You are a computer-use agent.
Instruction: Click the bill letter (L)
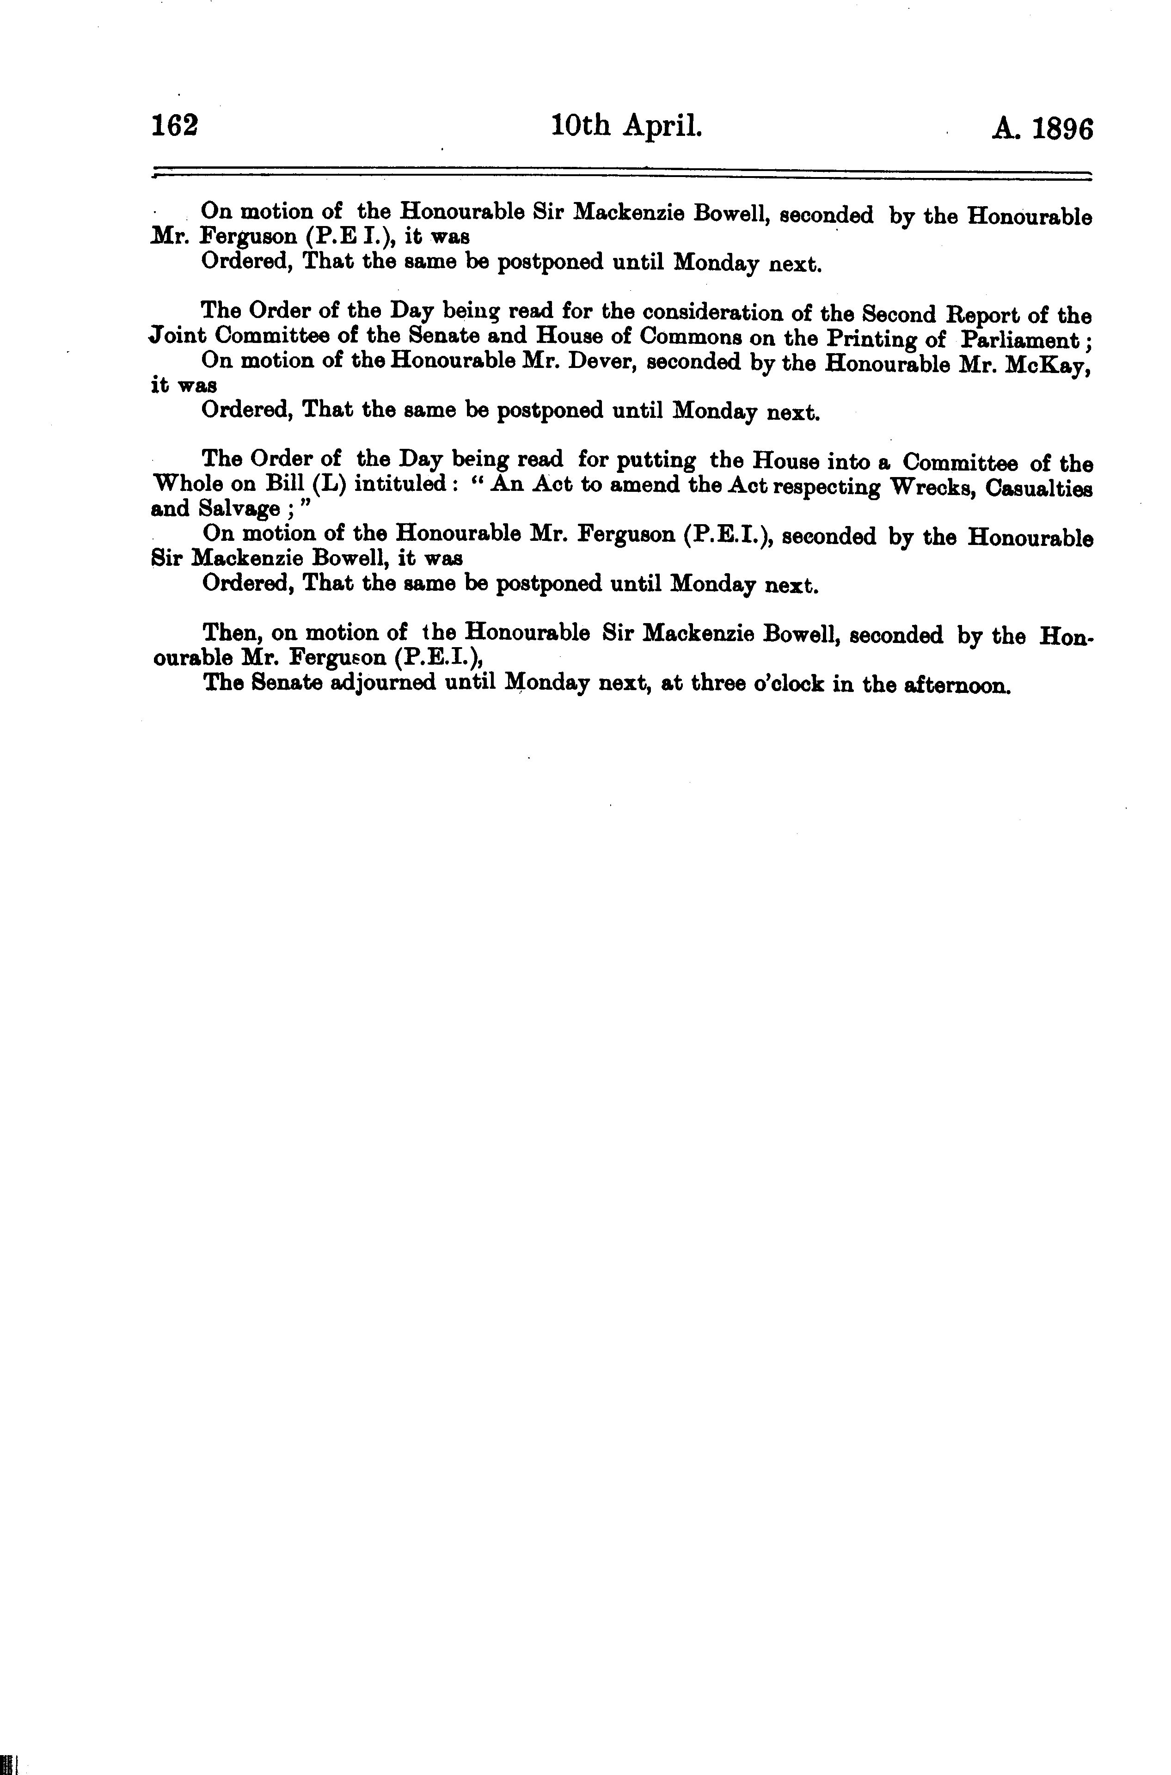(325, 485)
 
